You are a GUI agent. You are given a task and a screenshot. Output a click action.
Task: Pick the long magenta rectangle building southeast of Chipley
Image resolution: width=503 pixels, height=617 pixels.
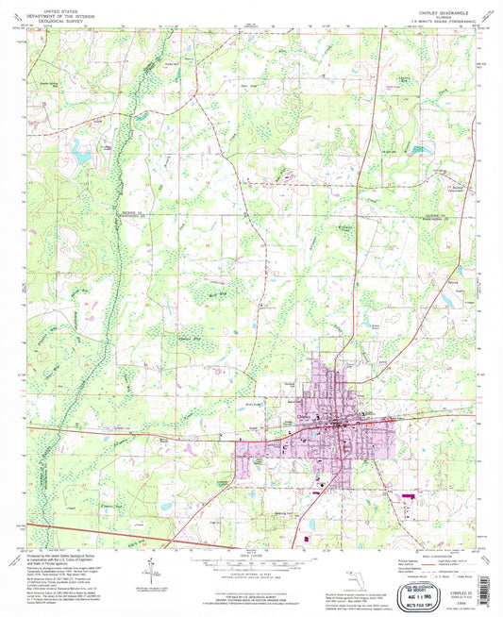pyautogui.click(x=409, y=493)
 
